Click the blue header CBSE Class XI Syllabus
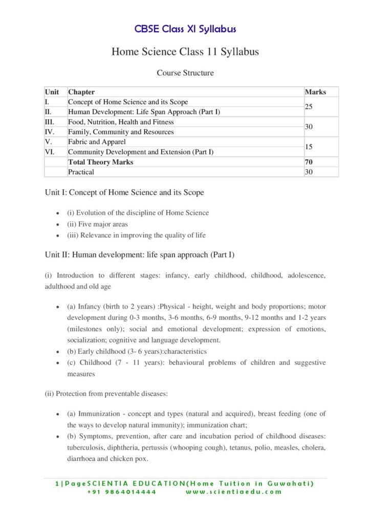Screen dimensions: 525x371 pyautogui.click(x=185, y=29)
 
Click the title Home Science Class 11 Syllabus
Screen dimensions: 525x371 pyautogui.click(x=185, y=52)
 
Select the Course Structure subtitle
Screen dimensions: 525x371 pyautogui.click(x=185, y=73)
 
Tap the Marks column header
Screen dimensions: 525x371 pyautogui.click(x=315, y=92)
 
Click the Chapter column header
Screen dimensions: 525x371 pyautogui.click(x=81, y=92)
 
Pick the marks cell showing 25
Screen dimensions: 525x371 pyautogui.click(x=310, y=107)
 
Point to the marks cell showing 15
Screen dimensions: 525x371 pyautogui.click(x=310, y=147)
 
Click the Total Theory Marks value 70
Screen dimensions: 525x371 pyautogui.click(x=309, y=162)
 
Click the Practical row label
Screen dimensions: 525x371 pyautogui.click(x=81, y=172)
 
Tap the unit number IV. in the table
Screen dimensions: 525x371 pyautogui.click(x=50, y=132)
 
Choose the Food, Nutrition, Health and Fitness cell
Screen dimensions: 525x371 pyautogui.click(x=121, y=122)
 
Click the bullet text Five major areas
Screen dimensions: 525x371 pyautogui.click(x=98, y=224)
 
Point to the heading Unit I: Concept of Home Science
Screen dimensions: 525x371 pyautogui.click(x=124, y=193)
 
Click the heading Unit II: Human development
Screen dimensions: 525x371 pyautogui.click(x=140, y=254)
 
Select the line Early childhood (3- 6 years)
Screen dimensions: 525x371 pyautogui.click(x=137, y=351)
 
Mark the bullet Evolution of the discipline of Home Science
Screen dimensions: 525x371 pyautogui.click(x=138, y=213)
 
